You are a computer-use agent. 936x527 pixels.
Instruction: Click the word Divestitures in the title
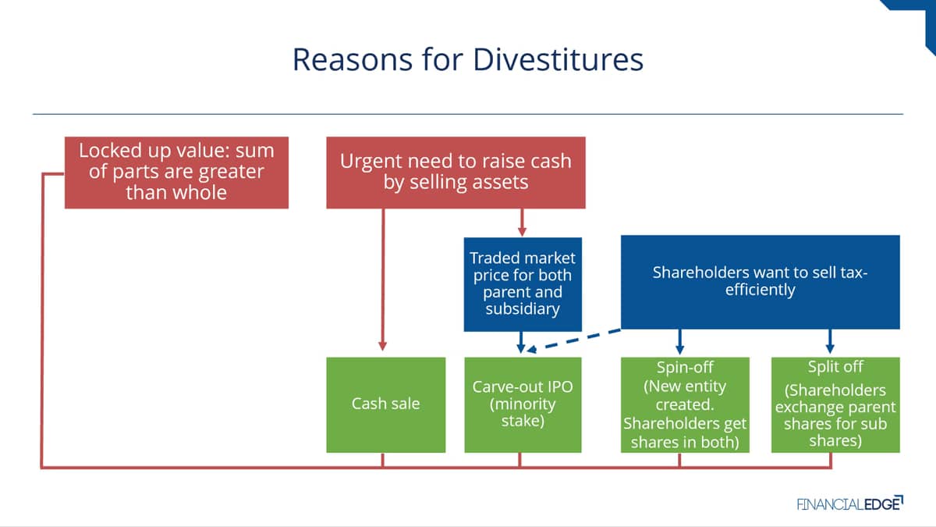558,59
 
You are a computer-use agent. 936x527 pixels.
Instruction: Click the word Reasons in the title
353,59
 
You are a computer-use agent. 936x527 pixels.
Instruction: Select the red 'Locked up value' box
176,173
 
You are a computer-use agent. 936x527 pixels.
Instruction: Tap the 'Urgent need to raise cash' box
456,173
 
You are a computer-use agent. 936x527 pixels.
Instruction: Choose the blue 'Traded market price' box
523,284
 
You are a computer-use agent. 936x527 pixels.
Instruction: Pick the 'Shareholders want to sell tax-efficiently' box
760,282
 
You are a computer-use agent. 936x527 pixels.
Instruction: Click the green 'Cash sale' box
385,404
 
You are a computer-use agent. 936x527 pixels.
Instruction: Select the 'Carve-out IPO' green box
523,404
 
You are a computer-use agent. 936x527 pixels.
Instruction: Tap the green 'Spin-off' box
685,404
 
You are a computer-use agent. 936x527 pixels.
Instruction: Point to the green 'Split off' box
835,404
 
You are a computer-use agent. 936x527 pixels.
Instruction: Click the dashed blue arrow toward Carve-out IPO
574,340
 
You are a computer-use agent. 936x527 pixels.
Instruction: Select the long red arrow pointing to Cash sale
383,280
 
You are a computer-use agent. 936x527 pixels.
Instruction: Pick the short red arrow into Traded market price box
522,223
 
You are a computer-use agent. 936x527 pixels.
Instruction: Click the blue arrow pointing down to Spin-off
680,342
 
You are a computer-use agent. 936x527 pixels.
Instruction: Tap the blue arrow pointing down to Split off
830,342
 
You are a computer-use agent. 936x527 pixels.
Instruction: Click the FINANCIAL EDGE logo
850,503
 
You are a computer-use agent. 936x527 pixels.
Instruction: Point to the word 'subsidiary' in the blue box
523,308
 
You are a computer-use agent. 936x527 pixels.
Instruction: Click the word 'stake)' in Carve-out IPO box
523,421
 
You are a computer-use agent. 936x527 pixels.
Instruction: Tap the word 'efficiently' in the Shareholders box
760,290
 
